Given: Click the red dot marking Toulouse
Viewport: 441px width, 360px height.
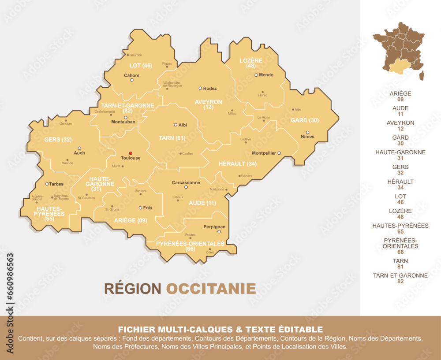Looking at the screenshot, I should [130, 153].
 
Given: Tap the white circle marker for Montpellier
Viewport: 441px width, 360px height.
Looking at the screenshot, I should [279, 153].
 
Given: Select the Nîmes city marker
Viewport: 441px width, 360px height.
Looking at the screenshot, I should [307, 132].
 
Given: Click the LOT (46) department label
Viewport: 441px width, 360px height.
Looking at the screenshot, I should [141, 66].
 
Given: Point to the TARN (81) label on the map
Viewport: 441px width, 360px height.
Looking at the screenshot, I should [172, 138].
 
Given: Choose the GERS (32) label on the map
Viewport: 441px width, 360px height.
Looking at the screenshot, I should [58, 140].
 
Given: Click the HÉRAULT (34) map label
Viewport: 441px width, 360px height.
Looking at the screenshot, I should [238, 163].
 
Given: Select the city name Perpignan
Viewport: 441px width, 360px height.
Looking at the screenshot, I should [214, 226].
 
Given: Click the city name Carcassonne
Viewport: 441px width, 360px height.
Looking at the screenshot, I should [186, 182].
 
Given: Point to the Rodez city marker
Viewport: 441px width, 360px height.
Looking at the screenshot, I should [200, 88].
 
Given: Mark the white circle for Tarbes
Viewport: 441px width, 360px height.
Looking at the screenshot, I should [47, 184].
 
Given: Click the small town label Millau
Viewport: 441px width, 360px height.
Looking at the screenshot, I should [232, 113].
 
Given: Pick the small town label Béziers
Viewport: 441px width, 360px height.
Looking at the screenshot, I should [246, 176].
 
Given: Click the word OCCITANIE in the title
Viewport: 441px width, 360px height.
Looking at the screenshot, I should [211, 289].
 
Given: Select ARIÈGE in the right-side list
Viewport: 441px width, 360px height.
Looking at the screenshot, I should [400, 93].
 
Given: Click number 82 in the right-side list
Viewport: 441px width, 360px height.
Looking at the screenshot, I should [400, 281].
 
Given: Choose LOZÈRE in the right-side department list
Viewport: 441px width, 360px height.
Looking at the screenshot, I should [400, 211].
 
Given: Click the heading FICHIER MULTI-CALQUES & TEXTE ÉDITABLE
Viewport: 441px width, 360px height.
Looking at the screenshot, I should [220, 329].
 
